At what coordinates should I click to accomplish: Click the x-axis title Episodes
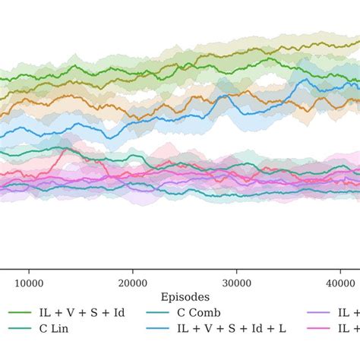[185, 296]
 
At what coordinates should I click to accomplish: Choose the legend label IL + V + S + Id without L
[81, 312]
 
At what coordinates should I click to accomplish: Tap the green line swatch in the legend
[19, 312]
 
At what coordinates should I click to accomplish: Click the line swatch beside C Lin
[19, 329]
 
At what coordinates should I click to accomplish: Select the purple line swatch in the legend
[324, 312]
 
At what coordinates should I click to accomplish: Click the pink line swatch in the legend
[324, 329]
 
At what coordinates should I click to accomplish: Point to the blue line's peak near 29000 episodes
[224, 96]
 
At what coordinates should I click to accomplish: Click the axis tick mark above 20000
[133, 268]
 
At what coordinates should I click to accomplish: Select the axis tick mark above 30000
[237, 268]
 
